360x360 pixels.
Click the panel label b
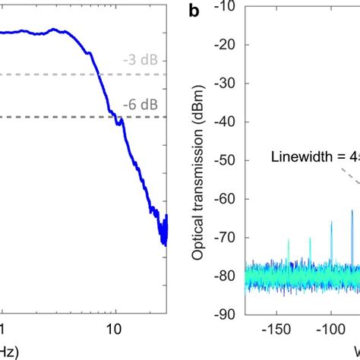[x=194, y=11]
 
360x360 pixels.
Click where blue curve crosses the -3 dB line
[x=99, y=74]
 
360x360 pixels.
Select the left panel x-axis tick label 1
[x=3, y=330]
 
